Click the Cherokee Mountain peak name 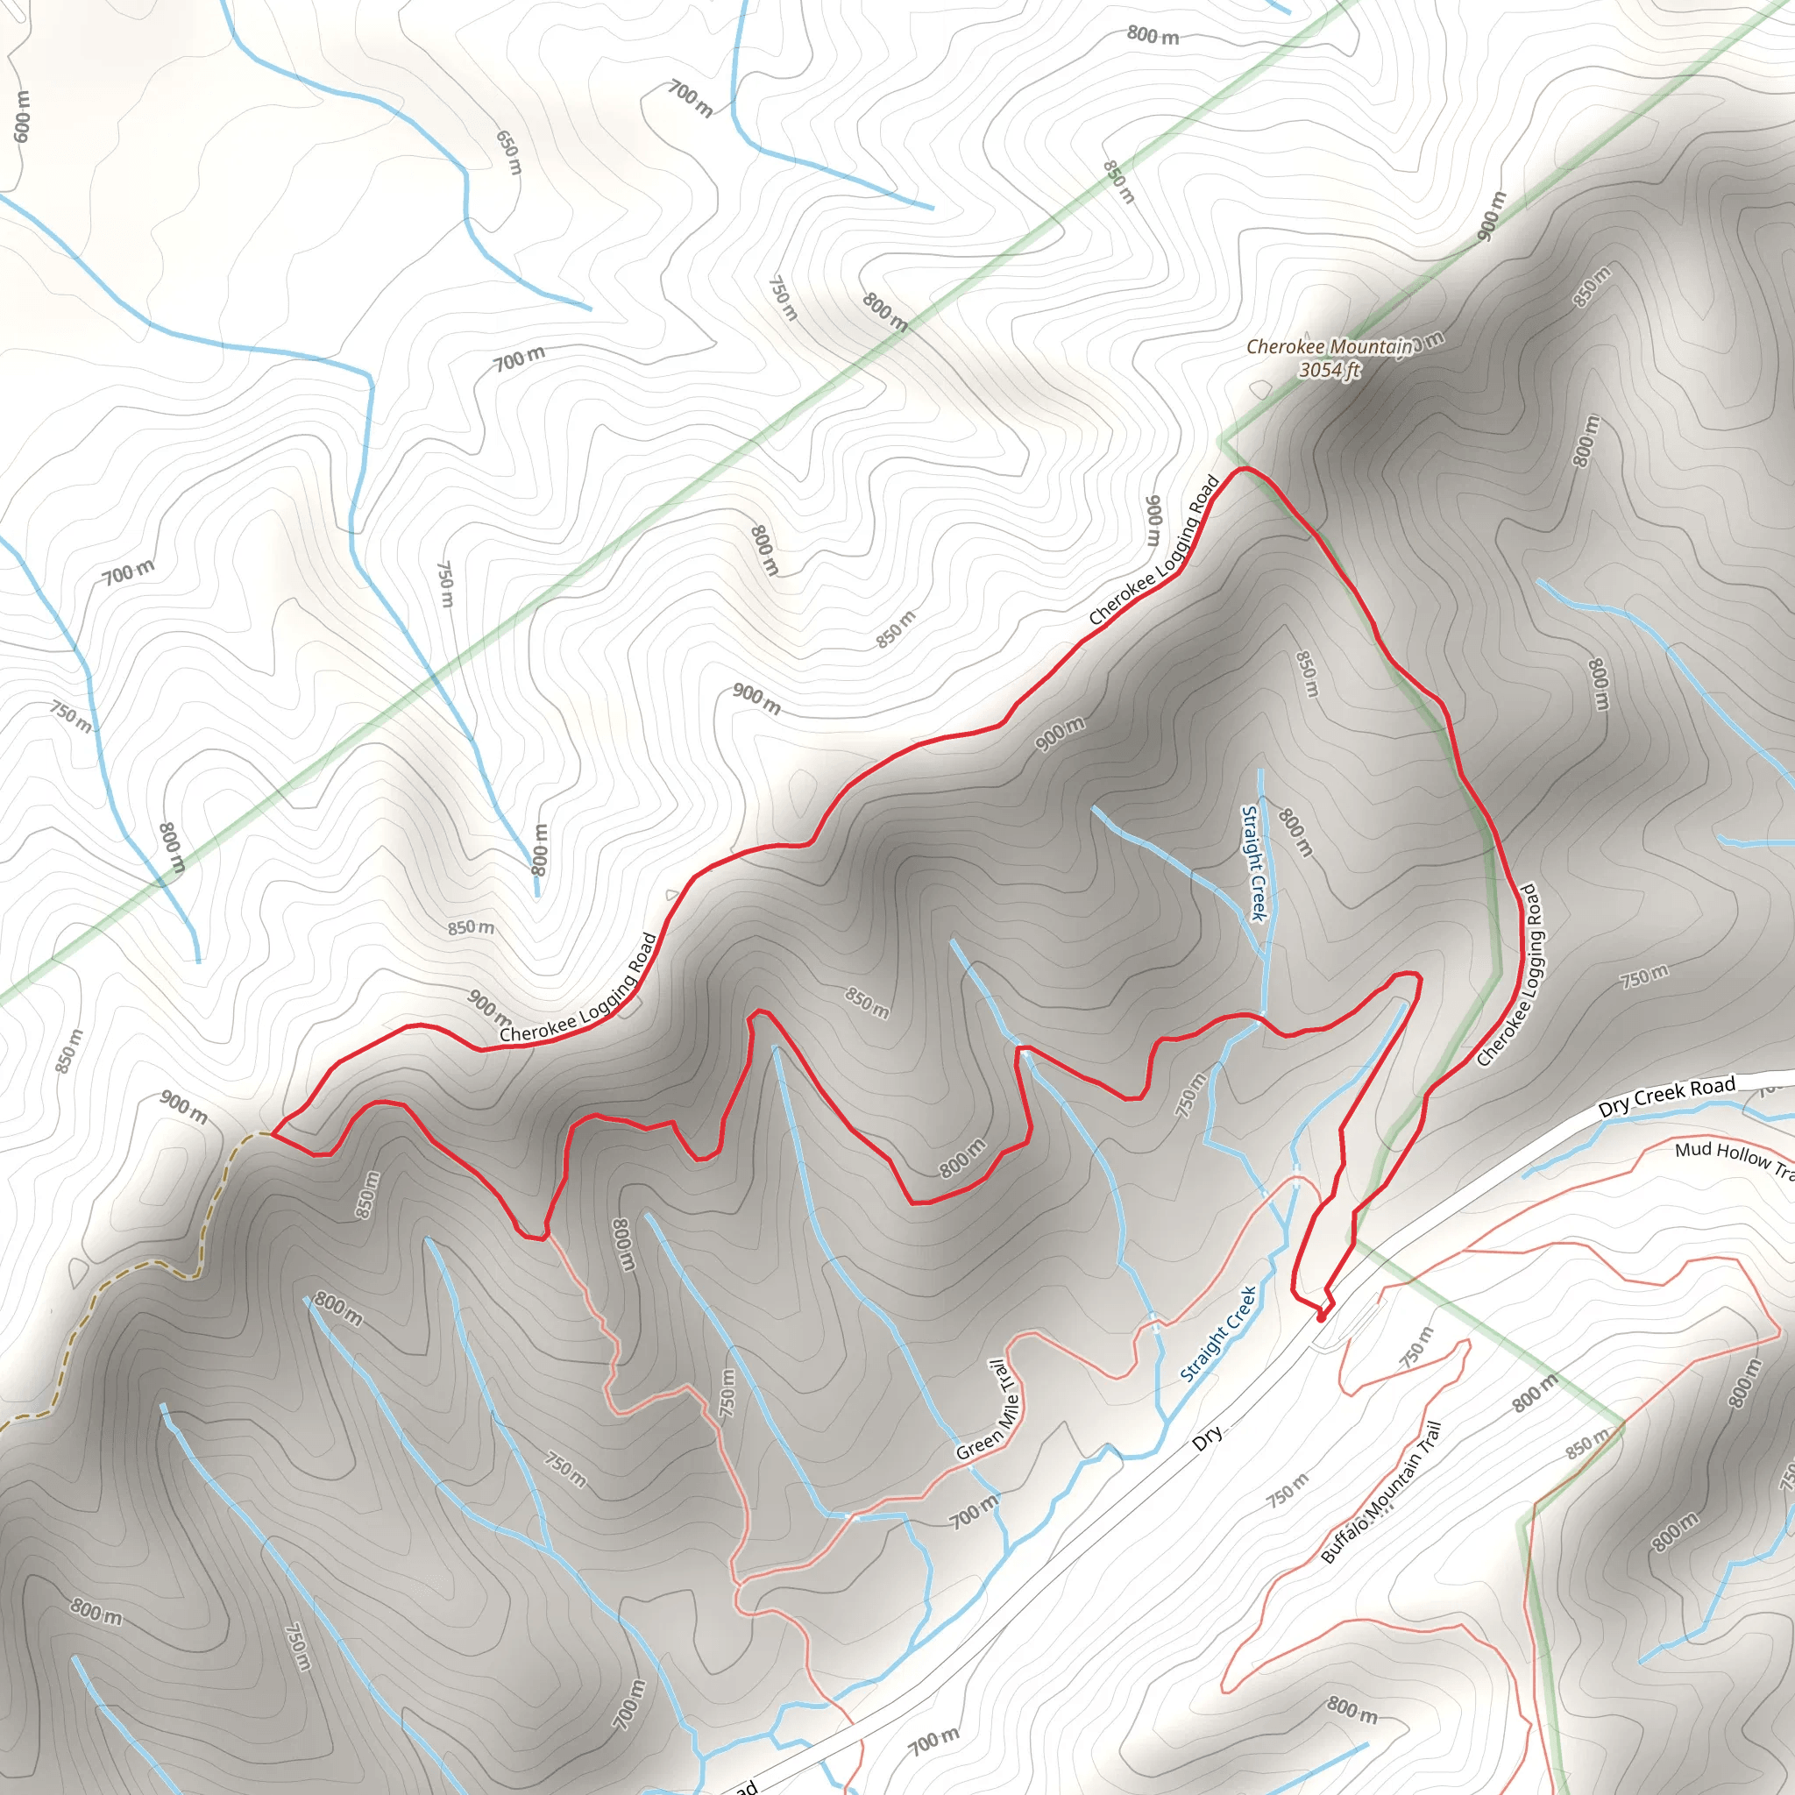[x=1329, y=346]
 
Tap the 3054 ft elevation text [x=1329, y=370]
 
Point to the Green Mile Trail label [x=990, y=1410]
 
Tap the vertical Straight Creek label [x=1254, y=863]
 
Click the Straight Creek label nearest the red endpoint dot [x=1219, y=1334]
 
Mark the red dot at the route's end [x=1321, y=1316]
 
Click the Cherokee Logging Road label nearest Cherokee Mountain [x=1154, y=550]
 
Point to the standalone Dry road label [x=1207, y=1438]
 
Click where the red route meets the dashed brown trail [x=272, y=1133]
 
